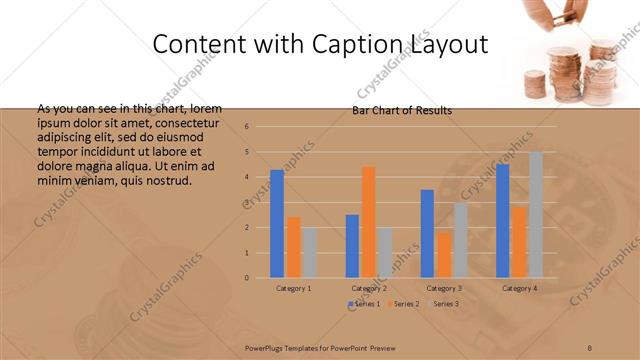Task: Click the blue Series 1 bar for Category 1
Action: (x=277, y=223)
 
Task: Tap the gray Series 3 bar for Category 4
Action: (x=536, y=214)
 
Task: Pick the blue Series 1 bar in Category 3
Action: (x=427, y=233)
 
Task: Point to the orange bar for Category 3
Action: (x=444, y=255)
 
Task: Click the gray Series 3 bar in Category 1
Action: (x=310, y=252)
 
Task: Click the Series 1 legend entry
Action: (x=363, y=303)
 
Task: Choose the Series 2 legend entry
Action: (x=403, y=303)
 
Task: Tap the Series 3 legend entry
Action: (x=443, y=303)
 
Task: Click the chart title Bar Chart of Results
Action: (x=402, y=111)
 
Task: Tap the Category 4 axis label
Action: (x=519, y=288)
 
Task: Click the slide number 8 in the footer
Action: (x=590, y=347)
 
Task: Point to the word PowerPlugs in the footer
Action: (x=268, y=347)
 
